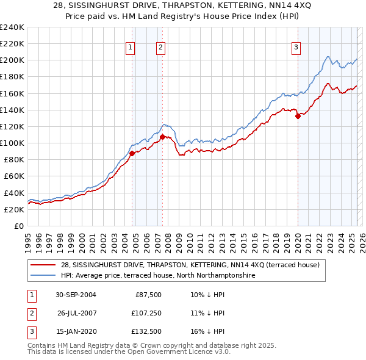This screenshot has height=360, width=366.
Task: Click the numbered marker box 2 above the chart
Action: point(160,48)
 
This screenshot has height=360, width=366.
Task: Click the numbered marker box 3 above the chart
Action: point(296,48)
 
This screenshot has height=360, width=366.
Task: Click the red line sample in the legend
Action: point(43,265)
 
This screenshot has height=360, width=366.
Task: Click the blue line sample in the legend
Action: point(43,276)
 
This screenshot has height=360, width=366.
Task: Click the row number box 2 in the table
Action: point(30,314)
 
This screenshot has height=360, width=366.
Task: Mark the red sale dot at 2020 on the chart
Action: point(298,116)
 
